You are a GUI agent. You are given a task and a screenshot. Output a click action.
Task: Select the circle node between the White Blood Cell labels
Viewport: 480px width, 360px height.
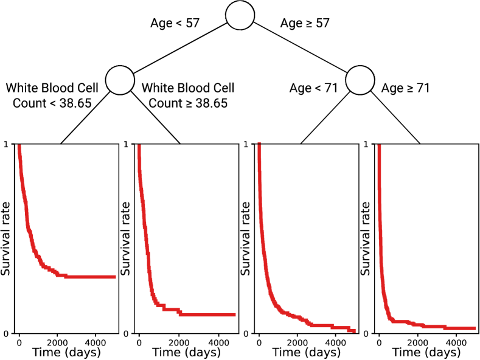120,80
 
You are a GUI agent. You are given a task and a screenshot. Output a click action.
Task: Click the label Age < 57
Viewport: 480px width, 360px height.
175,24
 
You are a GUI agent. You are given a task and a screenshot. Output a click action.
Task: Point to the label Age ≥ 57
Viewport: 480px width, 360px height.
305,24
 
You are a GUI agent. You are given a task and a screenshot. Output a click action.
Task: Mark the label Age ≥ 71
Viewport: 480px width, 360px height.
405,89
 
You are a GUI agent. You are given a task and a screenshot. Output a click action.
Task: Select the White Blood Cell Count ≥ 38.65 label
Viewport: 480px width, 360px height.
188,95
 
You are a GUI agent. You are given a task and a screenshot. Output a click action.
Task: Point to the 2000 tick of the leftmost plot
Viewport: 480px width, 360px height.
57,341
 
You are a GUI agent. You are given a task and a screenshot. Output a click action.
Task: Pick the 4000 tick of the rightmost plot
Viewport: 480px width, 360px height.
456,341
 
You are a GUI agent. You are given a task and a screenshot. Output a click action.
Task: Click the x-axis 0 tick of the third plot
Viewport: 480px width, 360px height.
259,341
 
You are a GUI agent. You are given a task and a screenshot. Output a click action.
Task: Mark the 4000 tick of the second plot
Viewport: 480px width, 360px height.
217,341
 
